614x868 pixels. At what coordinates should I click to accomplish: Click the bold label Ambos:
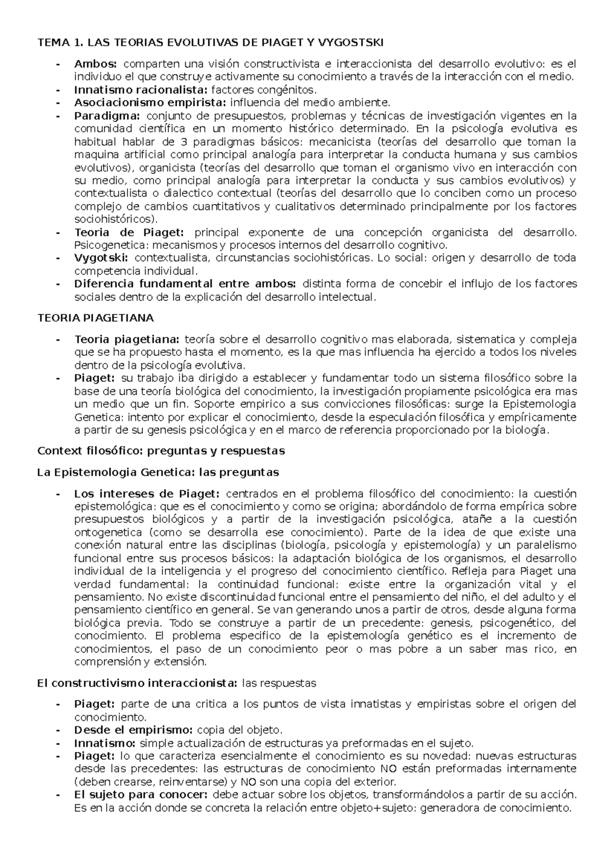tap(96, 64)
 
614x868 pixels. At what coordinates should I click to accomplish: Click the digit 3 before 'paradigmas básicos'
tap(184, 142)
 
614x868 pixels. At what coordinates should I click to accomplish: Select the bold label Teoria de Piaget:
tap(128, 233)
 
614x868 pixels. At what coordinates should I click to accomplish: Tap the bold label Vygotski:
tap(101, 258)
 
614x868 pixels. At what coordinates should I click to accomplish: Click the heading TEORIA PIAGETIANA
tap(96, 318)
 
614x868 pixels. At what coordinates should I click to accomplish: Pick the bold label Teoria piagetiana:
tap(127, 339)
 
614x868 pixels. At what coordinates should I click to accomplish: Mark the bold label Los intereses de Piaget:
tap(147, 494)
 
